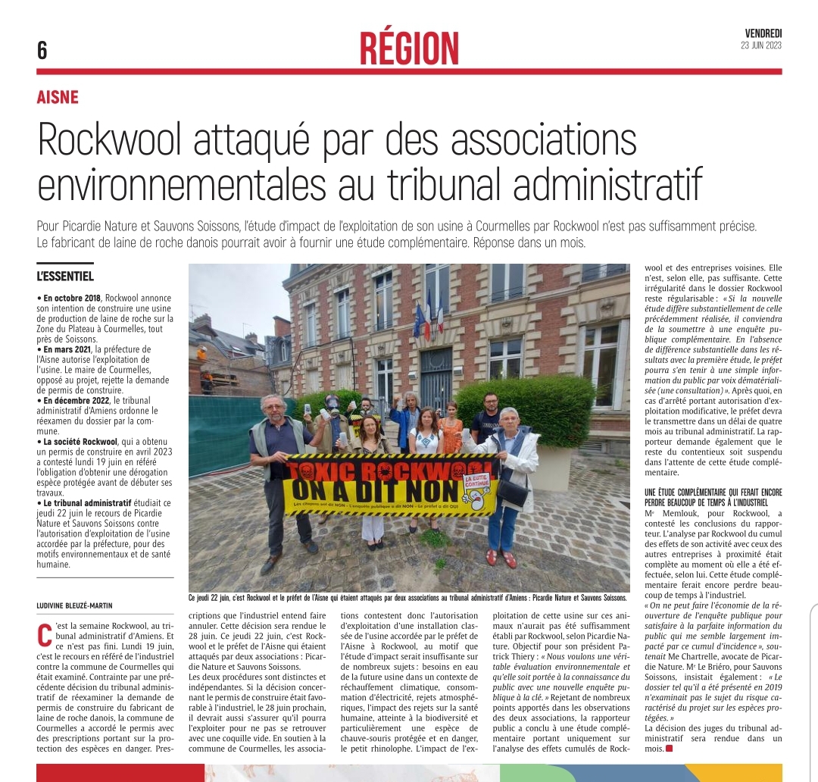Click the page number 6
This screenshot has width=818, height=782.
pos(42,51)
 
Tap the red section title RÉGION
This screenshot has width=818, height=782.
pos(409,48)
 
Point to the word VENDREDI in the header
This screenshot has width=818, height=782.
pos(763,33)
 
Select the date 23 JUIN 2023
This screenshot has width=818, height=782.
pos(761,45)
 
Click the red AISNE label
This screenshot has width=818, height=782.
pos(58,97)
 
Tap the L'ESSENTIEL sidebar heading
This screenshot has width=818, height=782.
pos(65,277)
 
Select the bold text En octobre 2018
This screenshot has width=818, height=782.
pos(76,299)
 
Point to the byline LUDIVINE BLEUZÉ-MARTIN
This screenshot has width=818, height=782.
pos(81,605)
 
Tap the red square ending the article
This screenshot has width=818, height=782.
pos(669,749)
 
